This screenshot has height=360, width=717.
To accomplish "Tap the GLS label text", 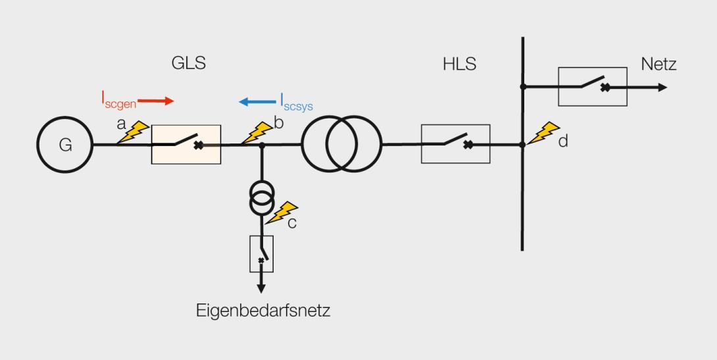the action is point(188,63).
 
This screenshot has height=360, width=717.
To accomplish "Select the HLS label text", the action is point(460,64).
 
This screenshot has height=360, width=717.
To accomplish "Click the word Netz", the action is point(658,64).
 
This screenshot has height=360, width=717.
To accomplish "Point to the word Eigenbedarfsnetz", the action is point(263,311).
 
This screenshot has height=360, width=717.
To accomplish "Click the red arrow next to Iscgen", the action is point(155,101).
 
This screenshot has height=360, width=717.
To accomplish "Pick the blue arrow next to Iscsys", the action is point(257,101).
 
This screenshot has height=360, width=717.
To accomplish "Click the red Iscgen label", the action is point(119,100).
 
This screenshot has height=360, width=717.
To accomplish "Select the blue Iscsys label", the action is point(296,103).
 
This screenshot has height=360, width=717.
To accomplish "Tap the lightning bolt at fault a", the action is point(134,132).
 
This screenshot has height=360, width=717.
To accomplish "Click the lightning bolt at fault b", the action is point(257,133).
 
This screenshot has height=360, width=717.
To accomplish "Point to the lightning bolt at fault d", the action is point(543,133).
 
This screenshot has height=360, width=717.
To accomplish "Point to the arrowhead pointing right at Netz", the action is point(662,88).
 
